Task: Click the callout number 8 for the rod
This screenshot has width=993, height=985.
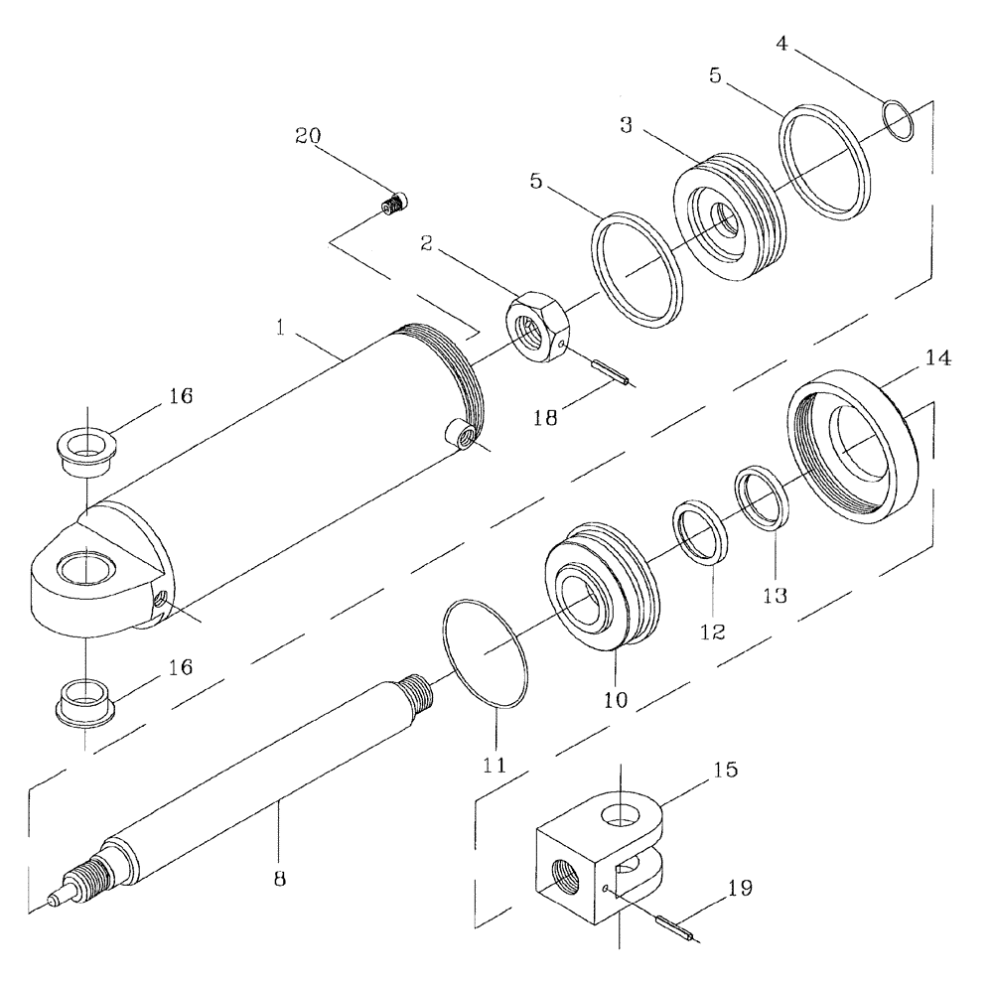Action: tap(279, 879)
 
